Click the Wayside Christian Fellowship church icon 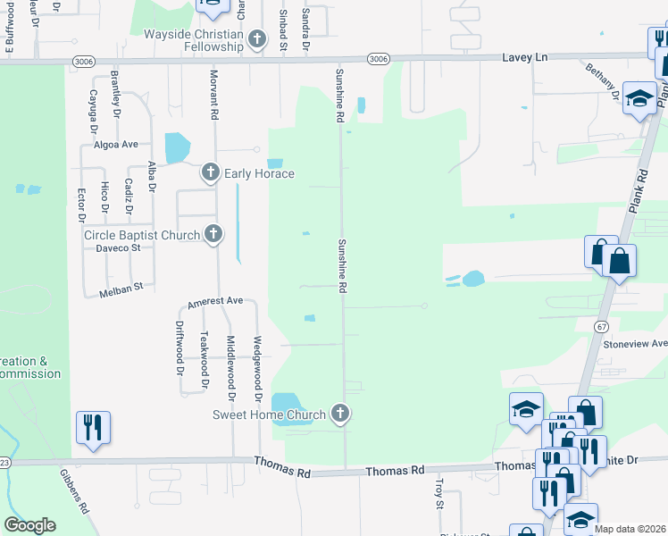(257, 38)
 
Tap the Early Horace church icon (210, 172)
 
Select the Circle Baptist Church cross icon (213, 234)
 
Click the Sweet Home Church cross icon (339, 414)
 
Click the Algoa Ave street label (117, 144)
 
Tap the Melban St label (126, 289)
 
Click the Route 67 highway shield (595, 328)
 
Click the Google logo (30, 525)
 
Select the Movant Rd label (214, 96)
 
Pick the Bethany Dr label (603, 81)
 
